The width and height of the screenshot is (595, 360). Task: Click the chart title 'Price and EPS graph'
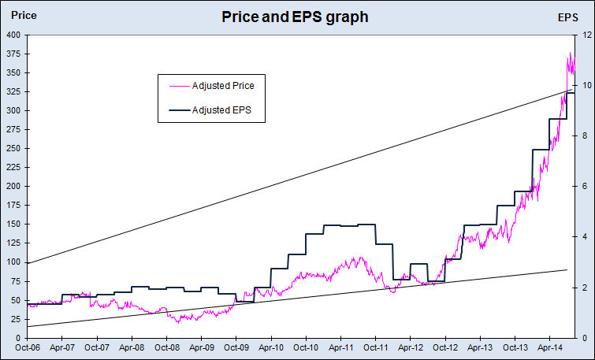pos(295,17)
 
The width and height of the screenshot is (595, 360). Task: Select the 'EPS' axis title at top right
pos(567,17)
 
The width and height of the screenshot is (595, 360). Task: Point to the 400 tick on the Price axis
pos(16,35)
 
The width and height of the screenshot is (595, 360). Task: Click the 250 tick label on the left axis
pos(16,149)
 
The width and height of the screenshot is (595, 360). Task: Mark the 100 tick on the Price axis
pos(16,262)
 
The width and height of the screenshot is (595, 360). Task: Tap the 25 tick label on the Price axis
pos(18,319)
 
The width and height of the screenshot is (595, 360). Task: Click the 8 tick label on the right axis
pos(585,136)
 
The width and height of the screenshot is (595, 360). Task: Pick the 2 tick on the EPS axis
pos(585,288)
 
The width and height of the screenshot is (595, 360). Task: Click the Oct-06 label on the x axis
pos(28,347)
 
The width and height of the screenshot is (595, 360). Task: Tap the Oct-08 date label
pos(166,347)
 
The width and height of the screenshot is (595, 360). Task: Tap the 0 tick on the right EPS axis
pos(585,338)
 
